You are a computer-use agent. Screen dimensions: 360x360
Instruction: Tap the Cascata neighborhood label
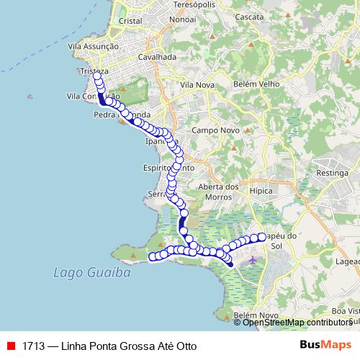pyautogui.click(x=249, y=17)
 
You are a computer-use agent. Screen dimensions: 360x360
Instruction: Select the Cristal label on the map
pyautogui.click(x=130, y=22)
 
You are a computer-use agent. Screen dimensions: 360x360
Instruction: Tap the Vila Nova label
pyautogui.click(x=197, y=85)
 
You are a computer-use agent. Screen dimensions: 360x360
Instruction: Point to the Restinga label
pyautogui.click(x=332, y=174)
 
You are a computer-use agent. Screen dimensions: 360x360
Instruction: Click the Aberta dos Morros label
pyautogui.click(x=218, y=192)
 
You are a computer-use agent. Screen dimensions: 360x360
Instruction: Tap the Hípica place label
pyautogui.click(x=260, y=192)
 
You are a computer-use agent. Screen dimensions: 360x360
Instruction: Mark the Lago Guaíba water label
pyautogui.click(x=81, y=273)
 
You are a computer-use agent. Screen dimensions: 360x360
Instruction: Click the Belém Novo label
pyautogui.click(x=255, y=315)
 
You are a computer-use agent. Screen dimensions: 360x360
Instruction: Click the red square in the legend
pyautogui.click(x=11, y=346)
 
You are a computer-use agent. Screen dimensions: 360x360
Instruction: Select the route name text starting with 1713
pyautogui.click(x=109, y=346)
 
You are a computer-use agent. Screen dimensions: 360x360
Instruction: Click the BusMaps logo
pyautogui.click(x=325, y=345)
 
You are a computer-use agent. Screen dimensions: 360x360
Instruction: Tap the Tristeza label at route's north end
pyautogui.click(x=94, y=71)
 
